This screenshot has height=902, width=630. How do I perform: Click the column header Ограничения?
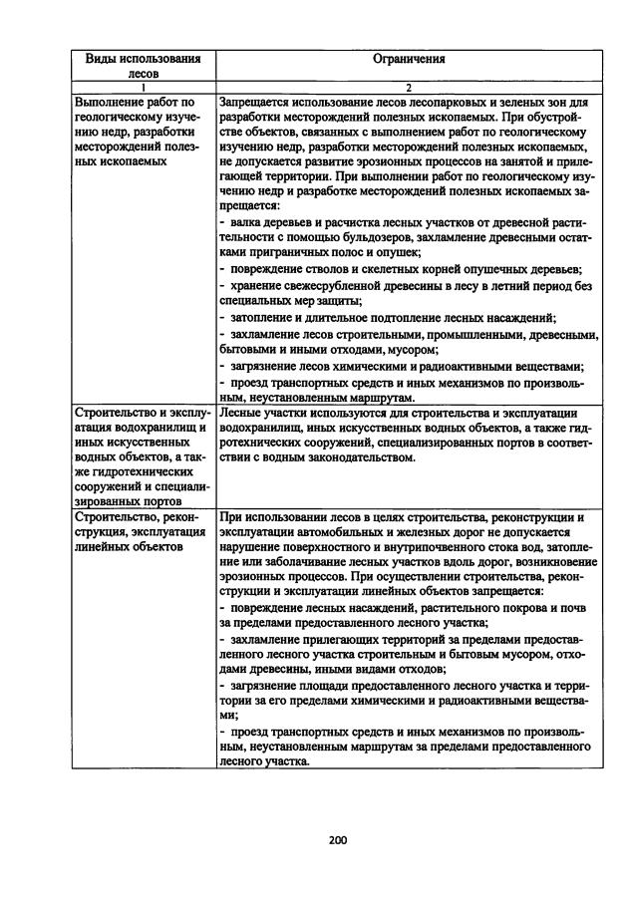point(408,58)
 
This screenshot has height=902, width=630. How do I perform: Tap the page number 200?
point(336,839)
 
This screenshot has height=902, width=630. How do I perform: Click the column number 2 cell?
point(408,88)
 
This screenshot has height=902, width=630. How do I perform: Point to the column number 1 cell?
point(143,88)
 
